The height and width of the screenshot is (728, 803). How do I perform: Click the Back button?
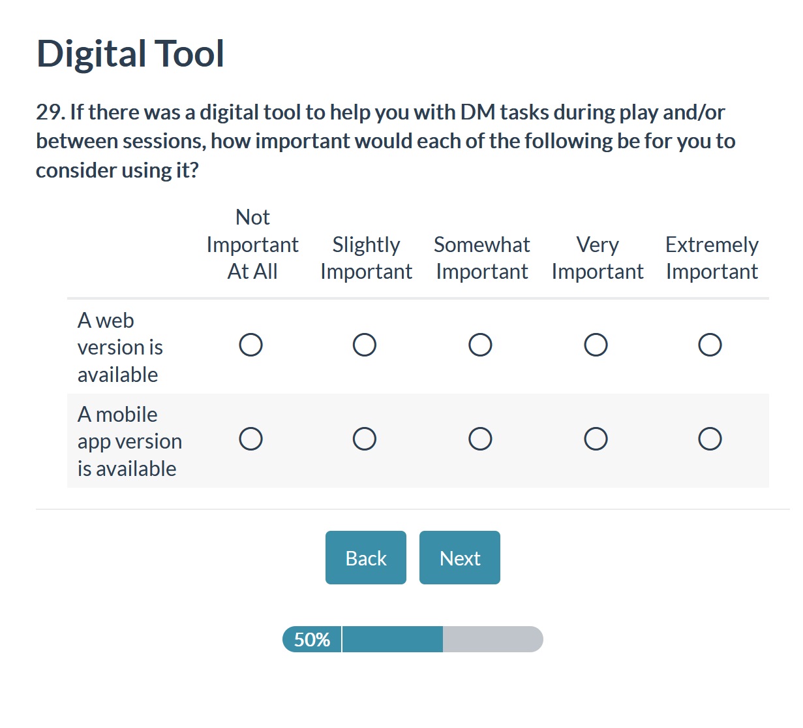click(365, 558)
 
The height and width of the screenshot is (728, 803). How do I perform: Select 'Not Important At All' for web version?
click(250, 345)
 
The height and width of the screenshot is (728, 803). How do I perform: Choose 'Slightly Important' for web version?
click(364, 345)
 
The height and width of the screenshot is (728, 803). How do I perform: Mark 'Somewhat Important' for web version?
click(480, 345)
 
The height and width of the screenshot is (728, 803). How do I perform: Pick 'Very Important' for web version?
click(596, 345)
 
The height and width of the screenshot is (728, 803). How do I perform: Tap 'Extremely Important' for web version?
click(710, 345)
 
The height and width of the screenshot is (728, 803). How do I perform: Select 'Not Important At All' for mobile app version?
click(250, 439)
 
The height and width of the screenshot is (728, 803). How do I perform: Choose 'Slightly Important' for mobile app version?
click(364, 439)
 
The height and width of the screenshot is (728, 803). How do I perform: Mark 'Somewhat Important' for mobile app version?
click(480, 439)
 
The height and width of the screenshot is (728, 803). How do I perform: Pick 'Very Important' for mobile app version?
click(596, 439)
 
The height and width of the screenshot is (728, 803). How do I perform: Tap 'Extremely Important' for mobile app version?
click(710, 439)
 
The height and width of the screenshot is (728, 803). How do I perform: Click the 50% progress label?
click(312, 639)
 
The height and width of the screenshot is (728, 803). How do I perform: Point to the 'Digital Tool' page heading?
click(130, 54)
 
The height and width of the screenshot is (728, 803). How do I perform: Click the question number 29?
click(50, 112)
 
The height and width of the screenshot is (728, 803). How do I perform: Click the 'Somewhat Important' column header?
click(482, 258)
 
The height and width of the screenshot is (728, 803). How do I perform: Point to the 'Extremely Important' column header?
click(712, 258)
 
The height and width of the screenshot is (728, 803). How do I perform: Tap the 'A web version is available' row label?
click(120, 347)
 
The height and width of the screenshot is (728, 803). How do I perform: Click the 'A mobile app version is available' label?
click(130, 441)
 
